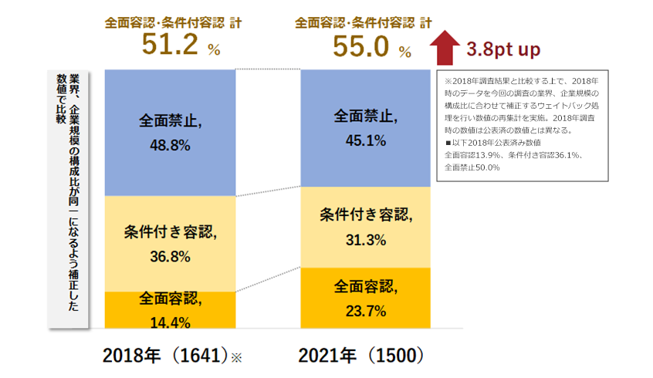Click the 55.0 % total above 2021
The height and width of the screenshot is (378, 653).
(x=370, y=46)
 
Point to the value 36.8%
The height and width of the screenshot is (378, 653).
(x=164, y=256)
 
